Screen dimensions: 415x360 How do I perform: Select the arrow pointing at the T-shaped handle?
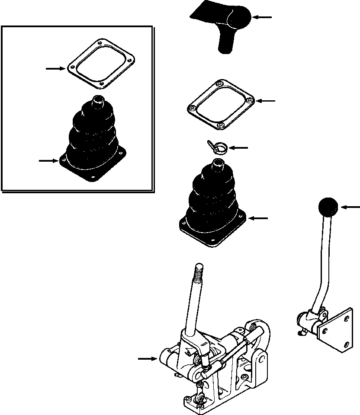click(262, 17)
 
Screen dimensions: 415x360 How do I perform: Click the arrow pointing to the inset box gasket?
click(56, 68)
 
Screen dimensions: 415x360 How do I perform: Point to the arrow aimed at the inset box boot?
click(48, 161)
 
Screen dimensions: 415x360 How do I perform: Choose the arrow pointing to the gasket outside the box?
click(266, 101)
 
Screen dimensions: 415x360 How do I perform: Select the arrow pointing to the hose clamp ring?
click(238, 148)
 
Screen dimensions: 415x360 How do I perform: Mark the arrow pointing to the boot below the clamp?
click(258, 219)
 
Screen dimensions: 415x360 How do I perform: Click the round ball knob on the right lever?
click(328, 208)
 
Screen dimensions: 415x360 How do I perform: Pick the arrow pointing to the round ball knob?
click(350, 208)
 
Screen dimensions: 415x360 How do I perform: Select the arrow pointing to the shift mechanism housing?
click(147, 358)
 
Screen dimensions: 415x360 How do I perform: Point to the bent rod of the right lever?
click(321, 268)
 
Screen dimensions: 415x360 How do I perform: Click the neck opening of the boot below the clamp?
click(218, 163)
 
